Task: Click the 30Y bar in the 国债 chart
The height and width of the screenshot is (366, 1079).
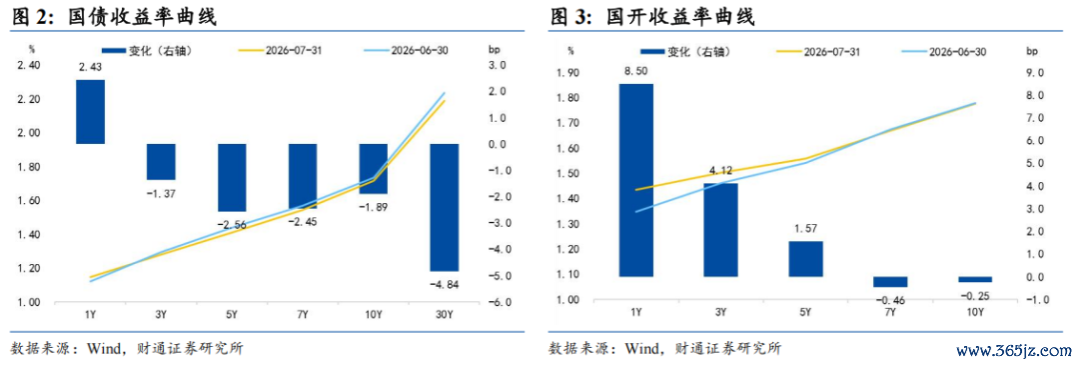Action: tap(444, 207)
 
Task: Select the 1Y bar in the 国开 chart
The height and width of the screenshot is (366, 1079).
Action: tap(635, 180)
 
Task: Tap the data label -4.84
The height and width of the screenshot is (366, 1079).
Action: tap(445, 283)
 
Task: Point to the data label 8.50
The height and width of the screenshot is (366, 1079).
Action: tap(635, 70)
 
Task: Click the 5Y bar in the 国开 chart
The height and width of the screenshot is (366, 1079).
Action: tap(805, 258)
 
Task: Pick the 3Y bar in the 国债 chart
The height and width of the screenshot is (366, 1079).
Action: tap(161, 162)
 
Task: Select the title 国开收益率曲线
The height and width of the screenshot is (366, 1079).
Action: tap(680, 17)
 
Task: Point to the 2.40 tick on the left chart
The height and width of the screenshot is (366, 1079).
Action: tap(28, 65)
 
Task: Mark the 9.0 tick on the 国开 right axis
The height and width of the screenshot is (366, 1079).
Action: tap(1035, 73)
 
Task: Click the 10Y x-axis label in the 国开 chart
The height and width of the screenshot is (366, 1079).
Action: tap(975, 313)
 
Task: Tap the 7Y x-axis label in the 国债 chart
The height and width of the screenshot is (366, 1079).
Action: tap(302, 316)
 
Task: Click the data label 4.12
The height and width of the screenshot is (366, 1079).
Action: tap(719, 170)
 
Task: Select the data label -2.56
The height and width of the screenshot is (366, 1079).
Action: tap(232, 225)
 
